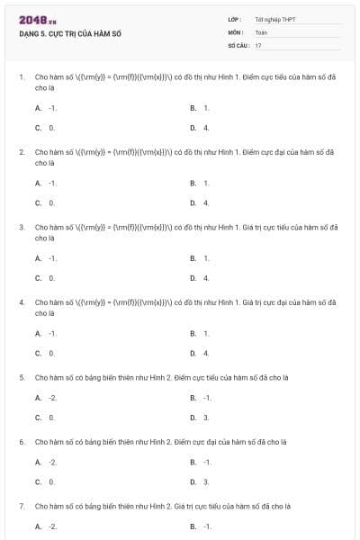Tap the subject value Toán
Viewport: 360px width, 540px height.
(261, 31)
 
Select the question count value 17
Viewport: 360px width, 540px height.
(258, 44)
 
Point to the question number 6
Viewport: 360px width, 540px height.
(22, 442)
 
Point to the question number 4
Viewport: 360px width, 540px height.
(22, 302)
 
